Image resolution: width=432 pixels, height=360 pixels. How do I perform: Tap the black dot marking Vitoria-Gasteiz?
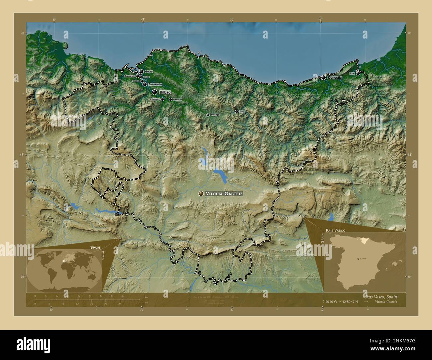(201, 193)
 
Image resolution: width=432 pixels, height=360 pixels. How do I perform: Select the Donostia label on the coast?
(335, 77)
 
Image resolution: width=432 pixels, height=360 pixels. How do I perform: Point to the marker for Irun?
(358, 73)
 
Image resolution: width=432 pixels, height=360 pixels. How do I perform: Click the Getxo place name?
(149, 71)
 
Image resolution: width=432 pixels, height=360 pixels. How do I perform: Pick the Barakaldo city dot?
(145, 84)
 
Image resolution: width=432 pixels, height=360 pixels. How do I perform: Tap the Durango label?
(215, 115)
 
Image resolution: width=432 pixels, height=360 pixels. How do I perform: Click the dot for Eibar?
(237, 112)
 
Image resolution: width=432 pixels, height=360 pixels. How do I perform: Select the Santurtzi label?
(129, 76)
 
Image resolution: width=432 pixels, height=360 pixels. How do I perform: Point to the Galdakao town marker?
(170, 99)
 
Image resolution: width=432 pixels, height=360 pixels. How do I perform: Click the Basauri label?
(156, 99)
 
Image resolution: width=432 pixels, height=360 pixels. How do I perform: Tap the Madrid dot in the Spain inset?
(358, 258)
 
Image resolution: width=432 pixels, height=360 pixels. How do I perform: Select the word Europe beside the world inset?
(103, 256)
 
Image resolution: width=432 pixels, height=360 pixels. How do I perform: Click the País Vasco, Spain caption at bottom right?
(380, 296)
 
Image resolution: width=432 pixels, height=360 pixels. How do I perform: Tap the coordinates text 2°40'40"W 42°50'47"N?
(340, 302)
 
